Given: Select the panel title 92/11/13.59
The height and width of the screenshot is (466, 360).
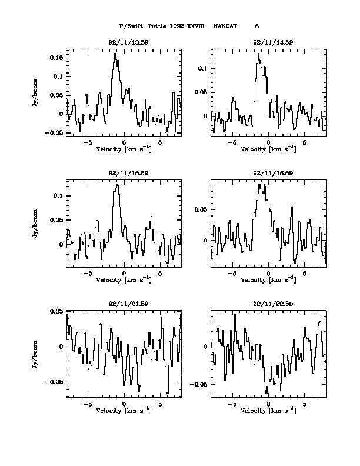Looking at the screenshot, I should coord(124,42).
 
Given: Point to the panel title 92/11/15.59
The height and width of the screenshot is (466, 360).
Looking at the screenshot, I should coord(124,173).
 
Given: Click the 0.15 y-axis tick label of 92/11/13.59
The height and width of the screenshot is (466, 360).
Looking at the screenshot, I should coord(56,58).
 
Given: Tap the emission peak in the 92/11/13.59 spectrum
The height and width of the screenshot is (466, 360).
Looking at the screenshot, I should coord(115,54).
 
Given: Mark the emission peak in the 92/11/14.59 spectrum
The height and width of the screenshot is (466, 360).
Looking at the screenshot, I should coord(258,54).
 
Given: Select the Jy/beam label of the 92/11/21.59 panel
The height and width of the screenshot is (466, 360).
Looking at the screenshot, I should coord(36,353).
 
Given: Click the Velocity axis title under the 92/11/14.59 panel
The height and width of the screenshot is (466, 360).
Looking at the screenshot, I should coord(268,149).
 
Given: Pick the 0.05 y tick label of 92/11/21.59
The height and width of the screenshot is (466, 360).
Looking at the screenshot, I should coord(56,311).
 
